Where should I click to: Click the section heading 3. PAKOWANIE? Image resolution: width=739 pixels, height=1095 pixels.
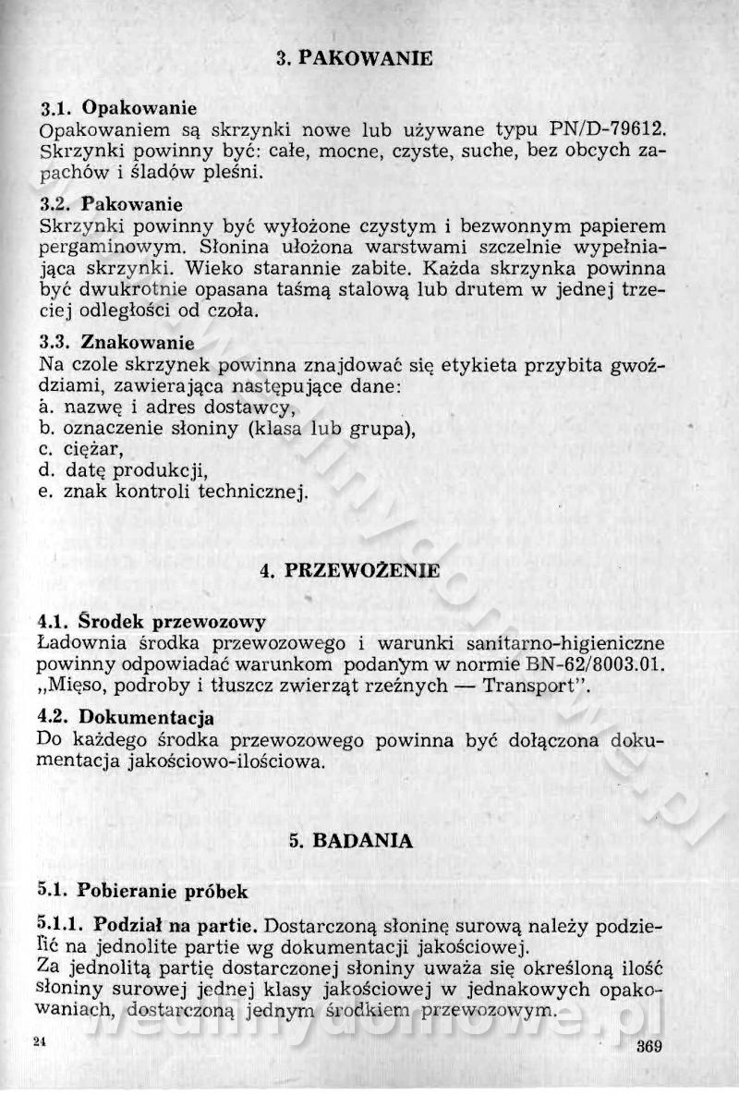[x=355, y=59]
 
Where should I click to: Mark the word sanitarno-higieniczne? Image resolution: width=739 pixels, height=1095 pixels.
[x=551, y=642]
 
